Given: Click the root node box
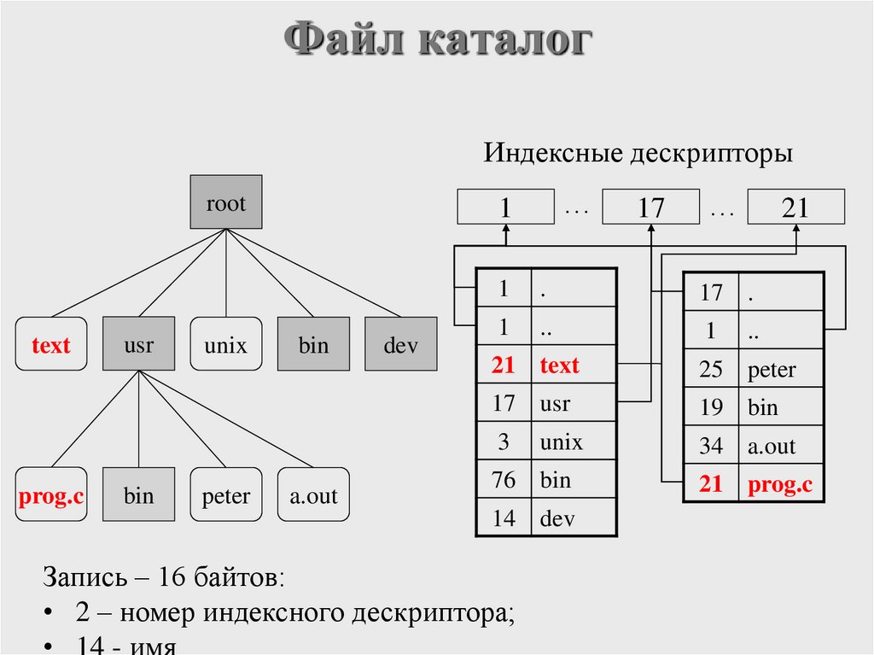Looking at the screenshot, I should tap(225, 203).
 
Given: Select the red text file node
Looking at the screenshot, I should tap(51, 344).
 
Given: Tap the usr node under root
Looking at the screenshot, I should tap(138, 344).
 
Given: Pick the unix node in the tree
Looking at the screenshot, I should tap(225, 344).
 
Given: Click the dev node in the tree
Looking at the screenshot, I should tap(400, 344).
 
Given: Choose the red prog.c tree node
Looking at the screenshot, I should tap(51, 494).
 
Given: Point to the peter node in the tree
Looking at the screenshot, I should tap(225, 494).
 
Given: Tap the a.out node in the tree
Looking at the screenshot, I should tap(313, 494).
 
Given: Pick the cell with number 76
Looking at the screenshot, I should tap(504, 480).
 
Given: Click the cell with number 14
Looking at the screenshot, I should tap(504, 518).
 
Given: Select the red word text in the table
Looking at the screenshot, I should tap(559, 366).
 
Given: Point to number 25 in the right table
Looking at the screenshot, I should tap(711, 370).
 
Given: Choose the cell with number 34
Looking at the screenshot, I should tap(711, 446).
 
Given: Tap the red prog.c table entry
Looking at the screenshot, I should tap(780, 485).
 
